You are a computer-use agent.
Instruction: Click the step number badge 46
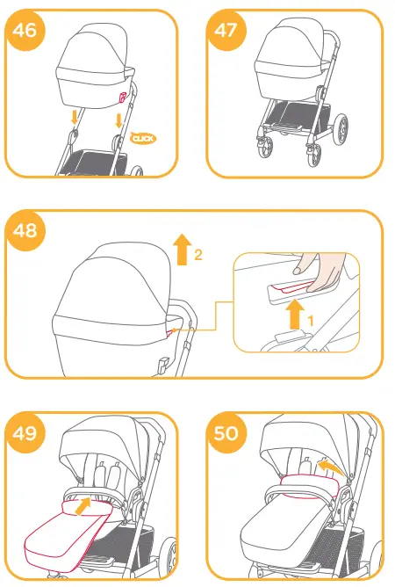tap(25, 28)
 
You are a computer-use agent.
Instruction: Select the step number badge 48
tap(25, 231)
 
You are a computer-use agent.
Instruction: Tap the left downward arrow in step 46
tap(76, 117)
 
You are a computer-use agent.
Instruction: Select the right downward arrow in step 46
tap(118, 118)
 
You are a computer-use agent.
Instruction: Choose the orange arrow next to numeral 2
tap(182, 250)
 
